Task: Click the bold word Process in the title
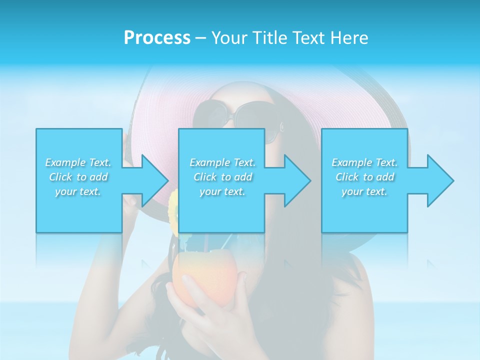(157, 38)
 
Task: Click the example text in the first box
(78, 177)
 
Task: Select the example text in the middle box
(222, 177)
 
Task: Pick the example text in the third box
(364, 177)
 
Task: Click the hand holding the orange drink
(210, 310)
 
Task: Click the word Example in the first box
(65, 162)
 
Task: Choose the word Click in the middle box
(204, 177)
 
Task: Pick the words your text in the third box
(364, 191)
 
